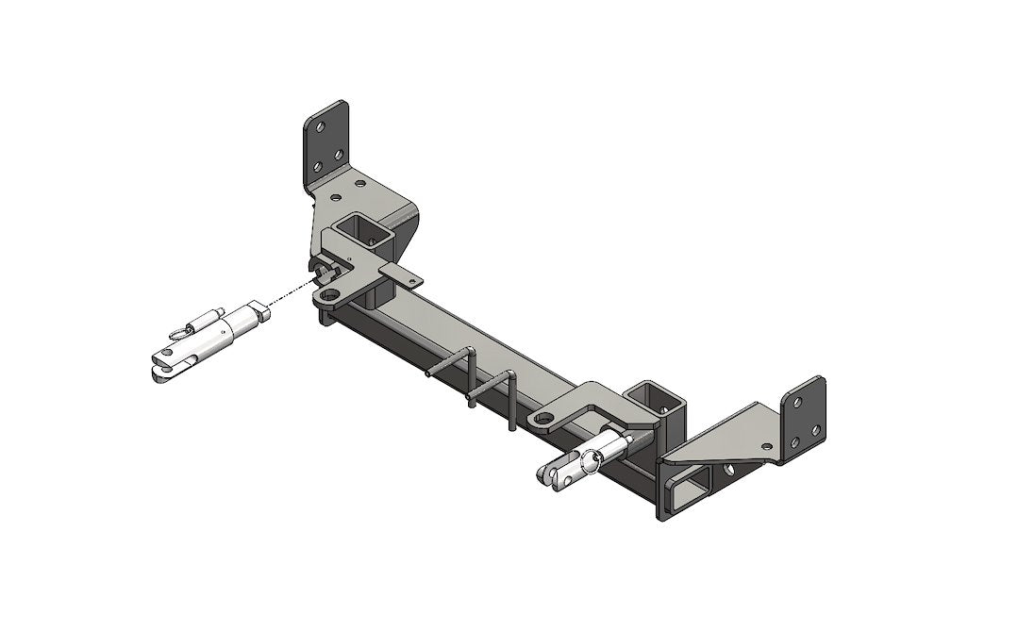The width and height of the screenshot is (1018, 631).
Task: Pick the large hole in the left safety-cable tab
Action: point(330,297)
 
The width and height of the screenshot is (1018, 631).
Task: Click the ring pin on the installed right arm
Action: point(592,459)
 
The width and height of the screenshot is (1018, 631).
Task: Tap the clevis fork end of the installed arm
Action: point(557,476)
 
